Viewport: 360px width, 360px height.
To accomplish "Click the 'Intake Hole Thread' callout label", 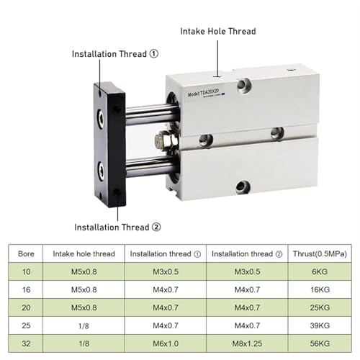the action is (x=218, y=32).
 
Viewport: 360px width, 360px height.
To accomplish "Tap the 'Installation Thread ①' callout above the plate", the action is (x=115, y=54).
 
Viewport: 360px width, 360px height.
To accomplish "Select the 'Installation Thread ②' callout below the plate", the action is (x=117, y=227).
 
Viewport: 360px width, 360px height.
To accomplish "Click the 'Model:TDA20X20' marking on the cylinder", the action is (x=203, y=93).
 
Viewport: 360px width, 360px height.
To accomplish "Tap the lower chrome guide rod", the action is (x=150, y=166).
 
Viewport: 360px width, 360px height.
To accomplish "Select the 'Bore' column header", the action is (x=26, y=253).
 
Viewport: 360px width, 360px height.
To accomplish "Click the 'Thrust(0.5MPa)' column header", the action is (x=320, y=253).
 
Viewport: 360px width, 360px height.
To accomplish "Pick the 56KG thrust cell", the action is (x=320, y=343).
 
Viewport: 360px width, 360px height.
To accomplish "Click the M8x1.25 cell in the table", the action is (x=247, y=343).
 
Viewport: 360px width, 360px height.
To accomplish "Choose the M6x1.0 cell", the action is (x=166, y=343).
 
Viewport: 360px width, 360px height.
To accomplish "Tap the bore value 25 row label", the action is (x=26, y=325).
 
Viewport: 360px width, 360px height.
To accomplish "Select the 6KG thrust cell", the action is (x=320, y=271).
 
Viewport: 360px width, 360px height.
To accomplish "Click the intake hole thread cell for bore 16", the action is (x=84, y=289).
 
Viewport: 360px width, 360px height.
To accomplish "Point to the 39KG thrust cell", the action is (x=320, y=325).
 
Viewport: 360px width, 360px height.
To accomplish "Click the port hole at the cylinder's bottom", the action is (x=243, y=187).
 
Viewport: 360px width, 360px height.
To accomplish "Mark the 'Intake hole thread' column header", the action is (x=84, y=253).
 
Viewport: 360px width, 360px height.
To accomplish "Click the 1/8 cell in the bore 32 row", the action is (x=84, y=343).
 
